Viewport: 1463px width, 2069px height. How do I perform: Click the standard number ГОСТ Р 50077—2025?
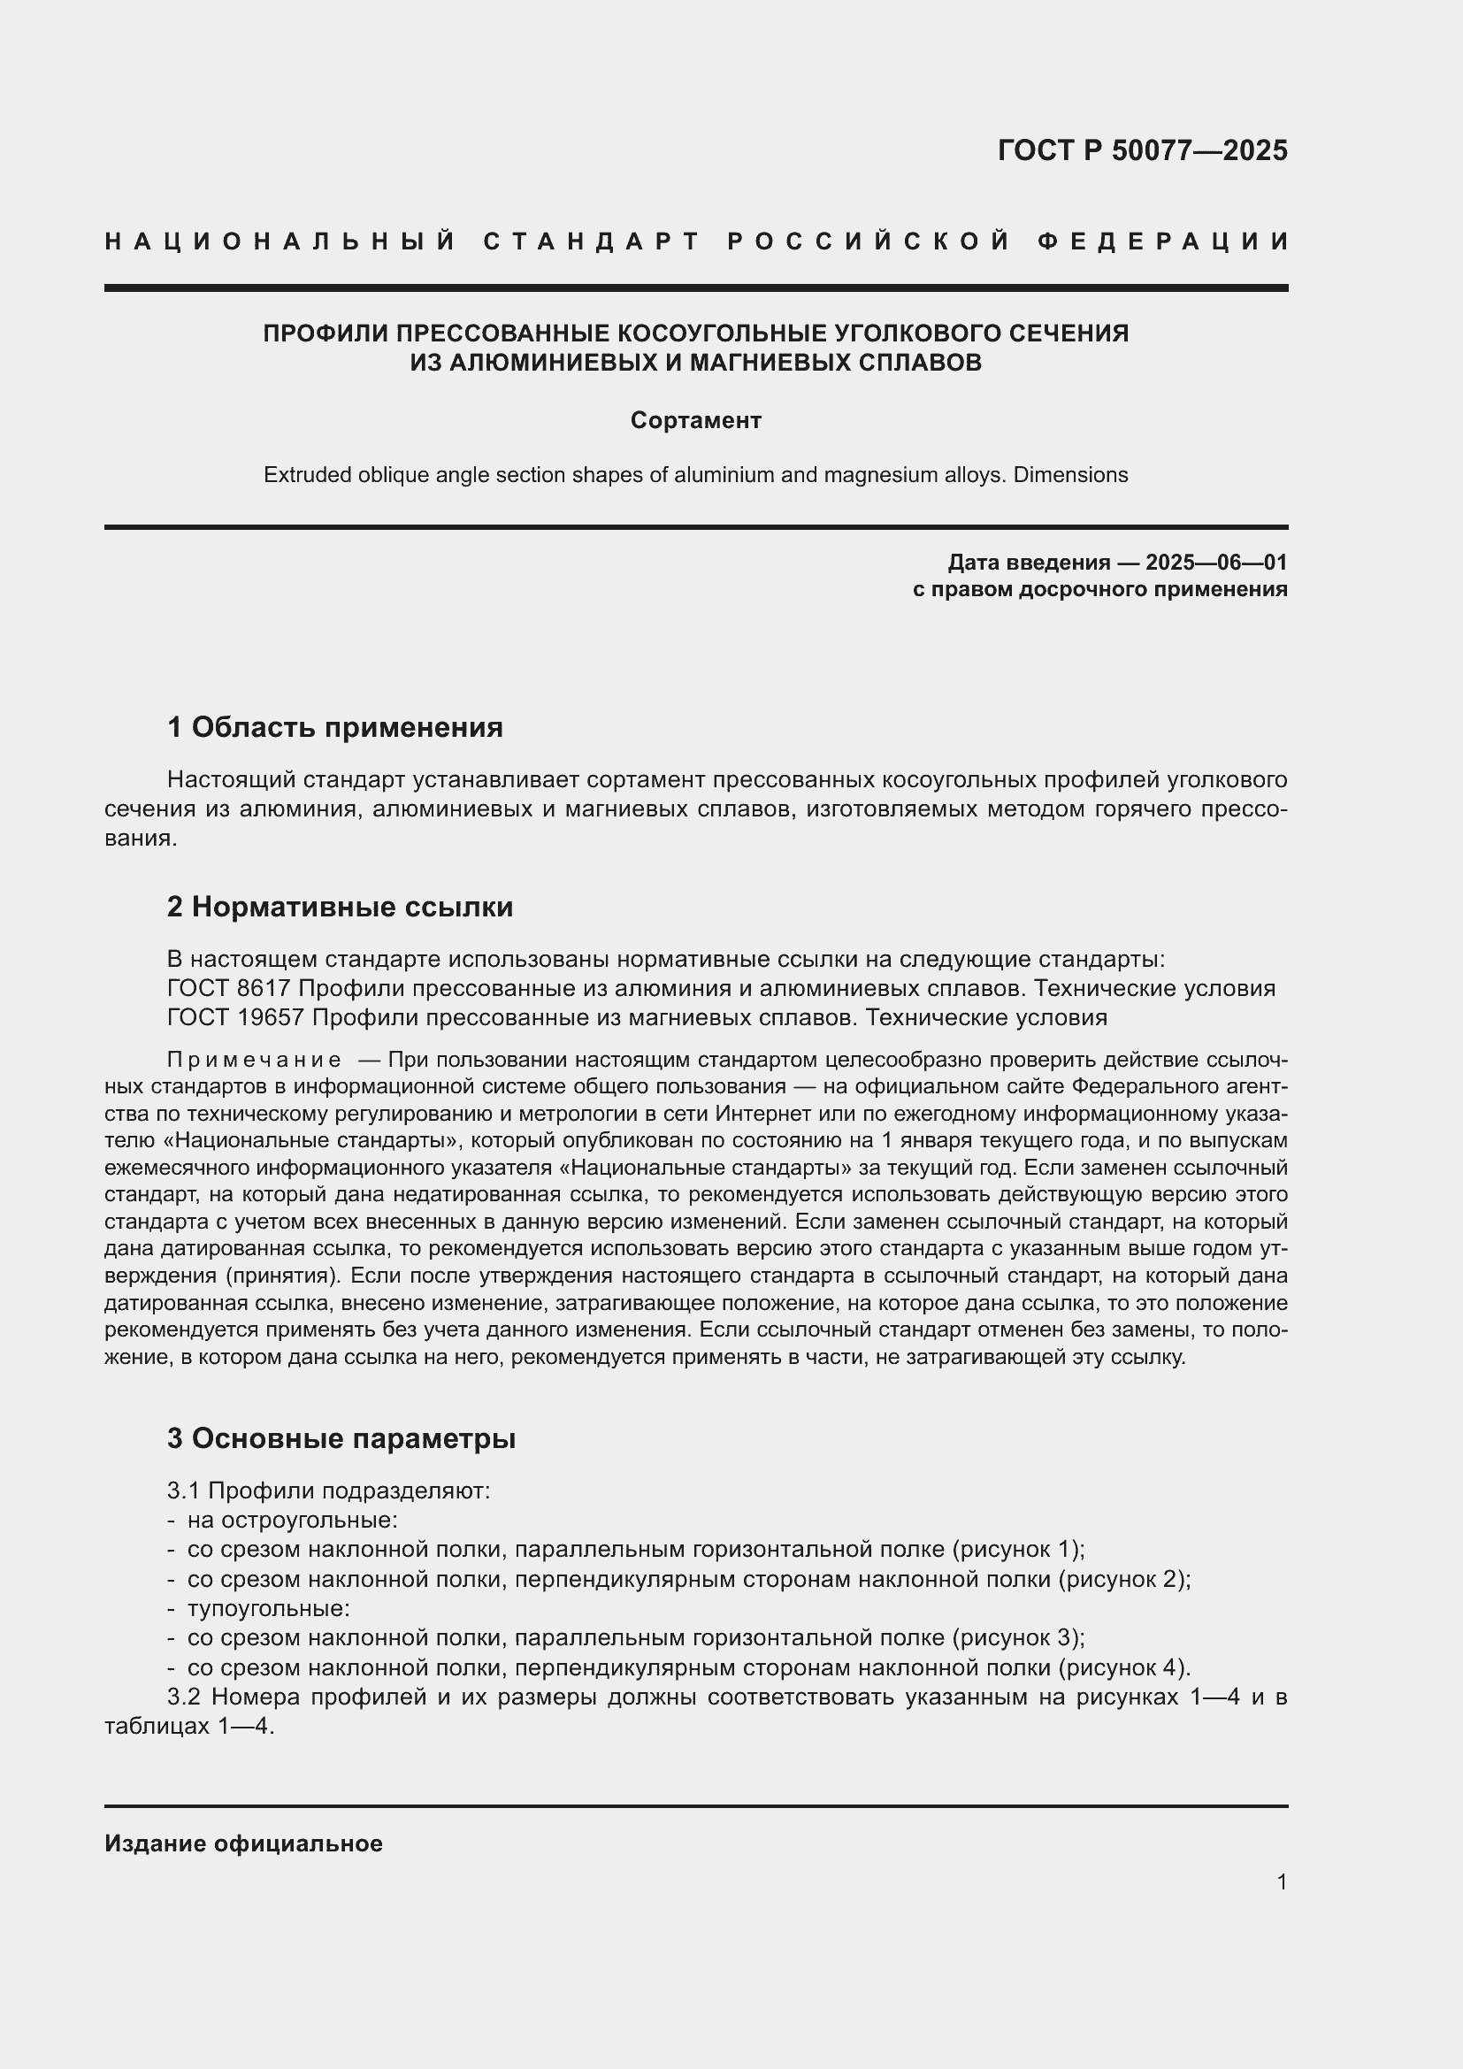pos(1141,150)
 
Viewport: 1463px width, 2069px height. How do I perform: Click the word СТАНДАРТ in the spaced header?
pos(591,241)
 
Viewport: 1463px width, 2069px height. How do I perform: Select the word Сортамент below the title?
pos(695,420)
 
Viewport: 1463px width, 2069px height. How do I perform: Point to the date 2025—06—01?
pos(1216,563)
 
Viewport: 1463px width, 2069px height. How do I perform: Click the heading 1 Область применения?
pos(334,727)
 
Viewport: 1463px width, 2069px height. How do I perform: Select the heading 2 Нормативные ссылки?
pos(340,907)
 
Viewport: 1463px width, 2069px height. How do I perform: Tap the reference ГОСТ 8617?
pos(229,989)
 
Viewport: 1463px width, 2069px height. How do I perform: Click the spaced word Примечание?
pos(254,1060)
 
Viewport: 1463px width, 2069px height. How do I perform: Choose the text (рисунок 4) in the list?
pos(1123,1667)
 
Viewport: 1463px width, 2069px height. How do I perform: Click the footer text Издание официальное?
pos(243,1843)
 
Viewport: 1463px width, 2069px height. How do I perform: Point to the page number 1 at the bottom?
pos(1282,1881)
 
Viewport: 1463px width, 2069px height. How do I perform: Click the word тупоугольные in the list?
pos(267,1608)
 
